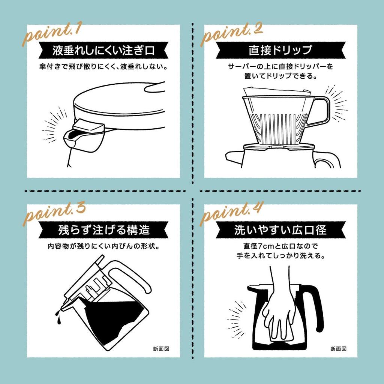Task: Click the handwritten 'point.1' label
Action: click(52, 34)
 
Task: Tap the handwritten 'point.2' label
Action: click(231, 34)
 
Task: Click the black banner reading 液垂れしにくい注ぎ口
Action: click(103, 50)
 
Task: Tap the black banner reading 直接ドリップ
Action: click(280, 50)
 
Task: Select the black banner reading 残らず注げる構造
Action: click(103, 230)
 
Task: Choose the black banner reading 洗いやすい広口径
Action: click(280, 230)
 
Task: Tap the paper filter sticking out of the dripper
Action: click(277, 91)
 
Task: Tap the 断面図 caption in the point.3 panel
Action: click(161, 348)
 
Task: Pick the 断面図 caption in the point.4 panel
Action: click(338, 348)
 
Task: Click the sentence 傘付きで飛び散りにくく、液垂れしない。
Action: click(103, 67)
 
